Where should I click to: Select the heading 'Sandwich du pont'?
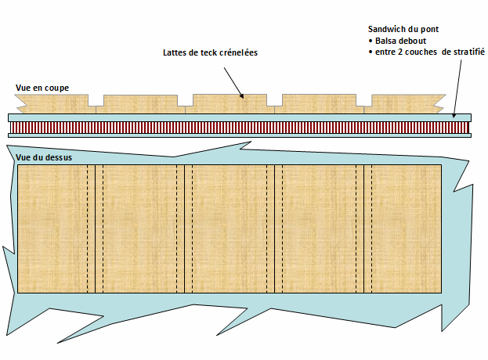click(403, 29)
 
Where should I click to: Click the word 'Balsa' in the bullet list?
click(388, 40)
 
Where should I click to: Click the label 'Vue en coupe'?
click(42, 88)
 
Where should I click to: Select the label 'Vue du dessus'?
click(45, 157)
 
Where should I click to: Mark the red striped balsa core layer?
click(235, 126)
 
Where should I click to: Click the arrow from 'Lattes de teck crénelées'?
click(233, 81)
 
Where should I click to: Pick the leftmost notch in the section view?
click(96, 102)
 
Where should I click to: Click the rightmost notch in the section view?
click(364, 102)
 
